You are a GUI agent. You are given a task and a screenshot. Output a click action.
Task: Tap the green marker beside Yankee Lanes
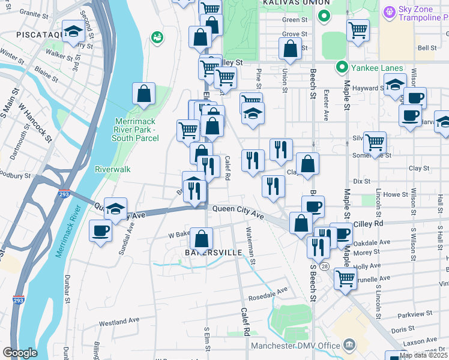tap(342, 67)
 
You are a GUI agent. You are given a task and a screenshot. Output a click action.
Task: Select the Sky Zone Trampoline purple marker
tap(390, 11)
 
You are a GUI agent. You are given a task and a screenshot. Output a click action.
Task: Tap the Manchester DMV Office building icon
tap(349, 344)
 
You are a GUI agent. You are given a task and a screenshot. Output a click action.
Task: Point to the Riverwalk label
tap(113, 169)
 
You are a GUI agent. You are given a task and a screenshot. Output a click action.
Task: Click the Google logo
tap(20, 353)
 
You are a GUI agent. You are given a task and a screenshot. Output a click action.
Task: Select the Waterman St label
tap(251, 244)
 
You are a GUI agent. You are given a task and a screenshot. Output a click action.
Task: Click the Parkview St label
tap(414, 314)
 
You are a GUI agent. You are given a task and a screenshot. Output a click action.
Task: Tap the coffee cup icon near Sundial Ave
tap(101, 230)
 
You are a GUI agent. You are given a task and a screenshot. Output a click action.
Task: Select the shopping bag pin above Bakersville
tap(202, 239)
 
